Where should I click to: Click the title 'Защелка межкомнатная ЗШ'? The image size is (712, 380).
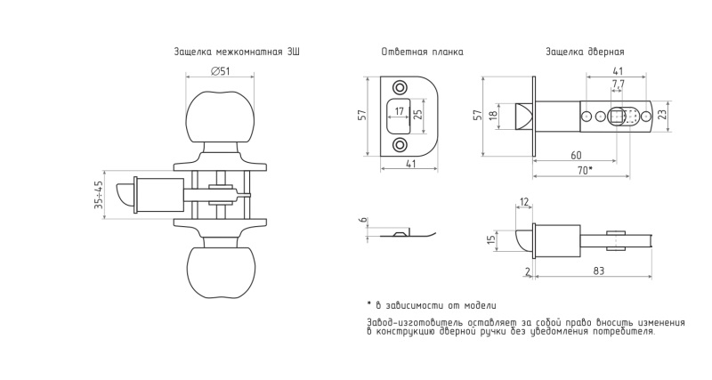pos(236,53)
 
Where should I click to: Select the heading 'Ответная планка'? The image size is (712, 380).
pos(421,53)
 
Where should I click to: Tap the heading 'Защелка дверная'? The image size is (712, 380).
pos(585,53)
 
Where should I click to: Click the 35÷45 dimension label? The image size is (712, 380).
pos(99,195)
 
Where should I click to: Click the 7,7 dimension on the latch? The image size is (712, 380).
pos(619,84)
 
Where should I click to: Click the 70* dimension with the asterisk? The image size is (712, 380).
pos(584,169)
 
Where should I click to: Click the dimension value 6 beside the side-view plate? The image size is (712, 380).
pos(363,222)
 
